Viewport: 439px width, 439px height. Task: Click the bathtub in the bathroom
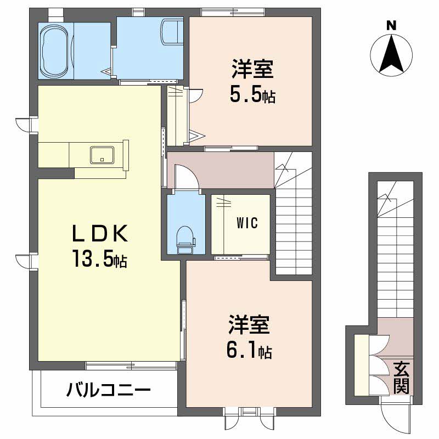pos(55,52)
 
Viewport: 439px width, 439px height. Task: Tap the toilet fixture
pos(185,240)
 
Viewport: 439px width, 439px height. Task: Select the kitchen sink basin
pos(102,155)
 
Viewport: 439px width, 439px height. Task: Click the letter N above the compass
pos(391,26)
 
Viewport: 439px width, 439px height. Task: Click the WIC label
pos(247,223)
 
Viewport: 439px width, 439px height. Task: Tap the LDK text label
pos(100,233)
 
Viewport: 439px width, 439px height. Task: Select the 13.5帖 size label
pos(99,258)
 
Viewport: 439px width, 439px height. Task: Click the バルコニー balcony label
pos(109,390)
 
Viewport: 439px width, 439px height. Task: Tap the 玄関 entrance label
pos(401,378)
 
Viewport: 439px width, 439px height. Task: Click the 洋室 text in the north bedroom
pos(252,69)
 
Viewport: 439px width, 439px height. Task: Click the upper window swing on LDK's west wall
pos(22,124)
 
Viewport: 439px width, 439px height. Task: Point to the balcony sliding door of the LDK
pos(131,365)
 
